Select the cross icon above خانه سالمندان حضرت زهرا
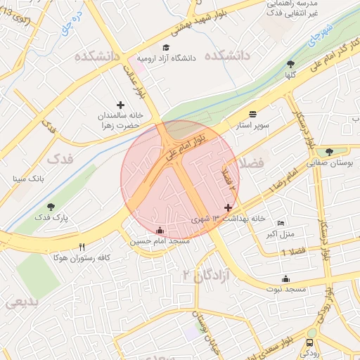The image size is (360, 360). pos(120,105)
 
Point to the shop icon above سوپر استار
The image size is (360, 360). pos(252,113)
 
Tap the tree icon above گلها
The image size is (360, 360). pos(290,64)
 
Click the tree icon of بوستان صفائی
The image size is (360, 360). pos(329,151)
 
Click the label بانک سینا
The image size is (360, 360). pos(28,179)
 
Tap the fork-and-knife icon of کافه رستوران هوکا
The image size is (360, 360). pos(82,247)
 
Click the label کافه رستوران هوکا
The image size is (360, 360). pos(81,257)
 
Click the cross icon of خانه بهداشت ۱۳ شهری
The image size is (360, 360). pos(227,207)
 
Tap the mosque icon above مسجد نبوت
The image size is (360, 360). pos(285,278)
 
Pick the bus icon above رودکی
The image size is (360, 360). pos(310,342)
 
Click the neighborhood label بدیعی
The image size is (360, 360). pos(21,303)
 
